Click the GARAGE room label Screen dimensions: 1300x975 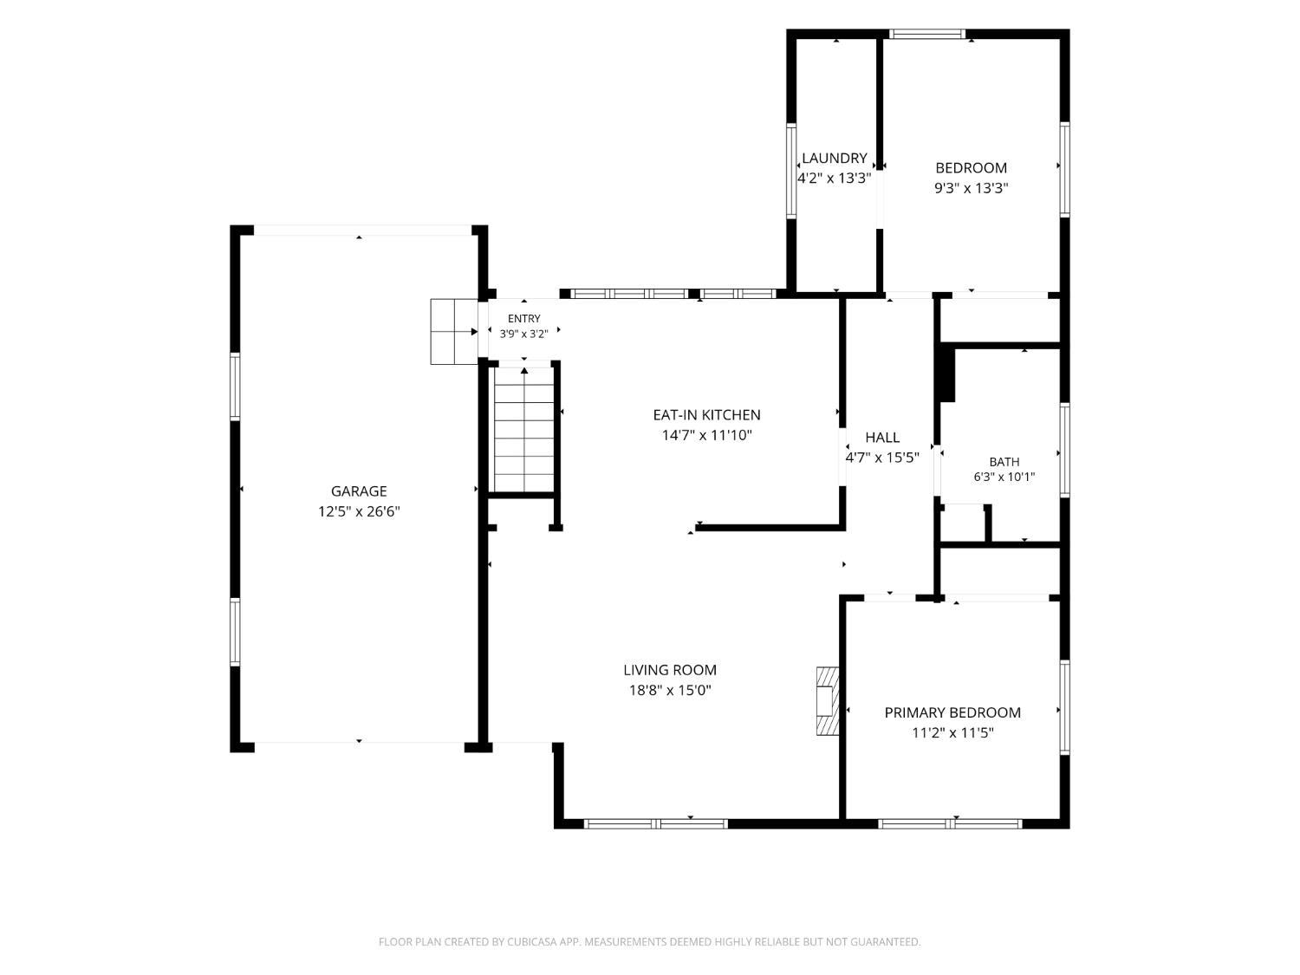[358, 491]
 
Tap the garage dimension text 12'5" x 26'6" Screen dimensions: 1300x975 [359, 510]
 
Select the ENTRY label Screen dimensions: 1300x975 [523, 318]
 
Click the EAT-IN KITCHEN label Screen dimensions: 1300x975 [706, 415]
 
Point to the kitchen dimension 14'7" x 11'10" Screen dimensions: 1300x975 [706, 435]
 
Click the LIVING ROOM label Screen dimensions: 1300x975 [669, 670]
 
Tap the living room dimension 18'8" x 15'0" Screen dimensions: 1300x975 [670, 690]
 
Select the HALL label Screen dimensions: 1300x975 [882, 438]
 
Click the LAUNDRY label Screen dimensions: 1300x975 [834, 158]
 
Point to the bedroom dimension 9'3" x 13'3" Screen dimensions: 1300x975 [971, 188]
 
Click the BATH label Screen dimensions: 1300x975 [1004, 462]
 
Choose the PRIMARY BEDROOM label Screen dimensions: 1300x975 [952, 712]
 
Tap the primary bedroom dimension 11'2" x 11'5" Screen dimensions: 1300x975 [952, 733]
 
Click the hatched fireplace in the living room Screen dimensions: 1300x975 [828, 701]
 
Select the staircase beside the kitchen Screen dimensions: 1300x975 [523, 429]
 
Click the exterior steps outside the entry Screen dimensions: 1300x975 [453, 332]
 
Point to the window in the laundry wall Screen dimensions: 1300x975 [790, 171]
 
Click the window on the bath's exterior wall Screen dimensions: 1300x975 [1064, 450]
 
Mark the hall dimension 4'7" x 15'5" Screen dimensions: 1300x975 [882, 458]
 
